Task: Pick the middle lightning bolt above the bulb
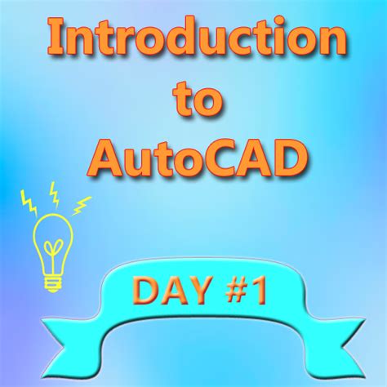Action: [55, 192]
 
